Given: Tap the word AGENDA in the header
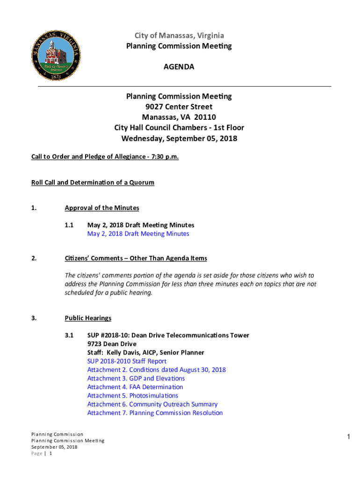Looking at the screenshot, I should tap(179, 67).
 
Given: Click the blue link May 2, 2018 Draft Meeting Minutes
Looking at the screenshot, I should tap(138, 233).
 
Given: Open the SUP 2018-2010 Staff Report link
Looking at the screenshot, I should tap(127, 361).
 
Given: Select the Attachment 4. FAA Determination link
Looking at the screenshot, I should tap(135, 387).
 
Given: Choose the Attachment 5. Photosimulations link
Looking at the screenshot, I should tap(132, 396).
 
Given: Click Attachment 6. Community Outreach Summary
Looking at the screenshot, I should tap(152, 404).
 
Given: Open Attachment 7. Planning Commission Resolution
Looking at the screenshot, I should tap(155, 413).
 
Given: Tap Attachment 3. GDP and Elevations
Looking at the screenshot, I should tap(136, 378).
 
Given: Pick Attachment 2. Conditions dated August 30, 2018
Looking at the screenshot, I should tap(156, 370).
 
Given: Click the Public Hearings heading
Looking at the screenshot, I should tap(88, 318).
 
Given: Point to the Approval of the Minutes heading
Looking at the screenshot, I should tap(102, 208).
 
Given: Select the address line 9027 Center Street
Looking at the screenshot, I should tap(179, 107).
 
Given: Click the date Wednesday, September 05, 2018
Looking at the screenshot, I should tap(179, 138).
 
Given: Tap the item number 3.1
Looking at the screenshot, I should tap(70, 335).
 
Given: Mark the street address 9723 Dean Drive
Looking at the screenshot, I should tap(112, 344).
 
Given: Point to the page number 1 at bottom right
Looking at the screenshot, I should tap(348, 437).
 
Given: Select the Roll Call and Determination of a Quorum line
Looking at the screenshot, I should tap(93, 182).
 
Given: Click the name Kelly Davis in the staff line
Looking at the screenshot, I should tap(123, 352).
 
